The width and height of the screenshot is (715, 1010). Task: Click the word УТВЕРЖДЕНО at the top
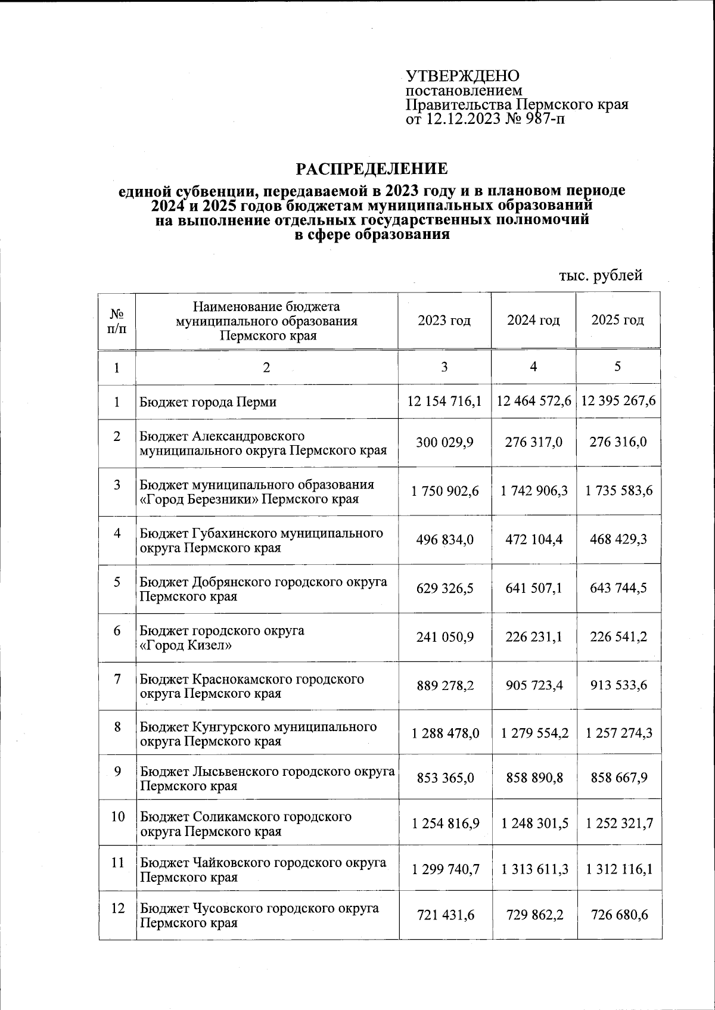(462, 76)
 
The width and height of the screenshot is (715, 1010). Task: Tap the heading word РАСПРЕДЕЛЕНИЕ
(372, 169)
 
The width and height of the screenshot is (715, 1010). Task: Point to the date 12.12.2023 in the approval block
(462, 120)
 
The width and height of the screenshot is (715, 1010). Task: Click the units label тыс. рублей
(601, 275)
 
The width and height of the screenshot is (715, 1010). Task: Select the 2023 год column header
(444, 321)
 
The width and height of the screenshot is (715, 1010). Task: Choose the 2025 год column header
(617, 321)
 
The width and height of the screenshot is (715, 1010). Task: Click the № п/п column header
(117, 321)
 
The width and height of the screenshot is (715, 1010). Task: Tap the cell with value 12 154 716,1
(444, 401)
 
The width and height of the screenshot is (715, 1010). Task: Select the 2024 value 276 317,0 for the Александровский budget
(533, 443)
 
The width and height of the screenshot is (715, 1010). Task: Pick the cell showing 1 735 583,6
(618, 491)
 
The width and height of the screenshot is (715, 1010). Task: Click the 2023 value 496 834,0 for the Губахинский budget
(444, 540)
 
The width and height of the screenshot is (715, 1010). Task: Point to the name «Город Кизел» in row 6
(186, 645)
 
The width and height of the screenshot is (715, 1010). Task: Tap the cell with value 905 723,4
(533, 686)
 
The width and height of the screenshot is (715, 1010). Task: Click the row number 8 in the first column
(117, 727)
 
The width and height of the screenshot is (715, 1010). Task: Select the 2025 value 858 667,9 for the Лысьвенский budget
(618, 778)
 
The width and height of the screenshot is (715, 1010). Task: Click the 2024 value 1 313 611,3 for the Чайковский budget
(534, 869)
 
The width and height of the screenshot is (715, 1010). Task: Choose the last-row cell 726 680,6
(618, 915)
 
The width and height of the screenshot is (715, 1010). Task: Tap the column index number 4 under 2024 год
(533, 368)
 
